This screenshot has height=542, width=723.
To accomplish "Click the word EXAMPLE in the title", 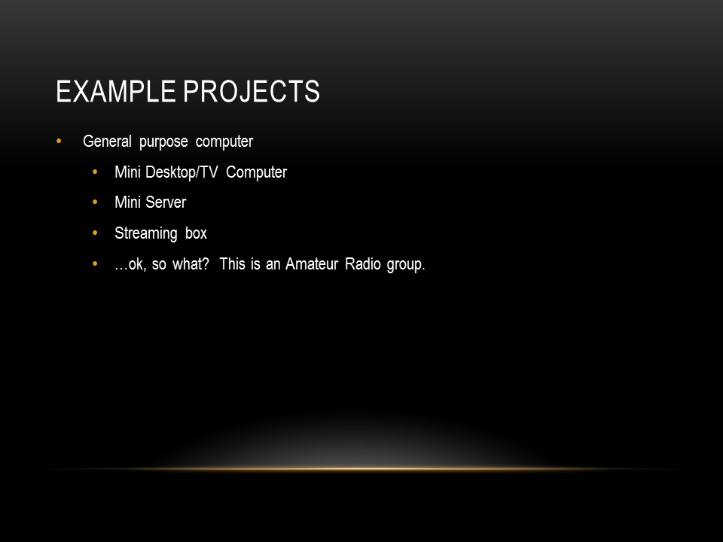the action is point(116,91).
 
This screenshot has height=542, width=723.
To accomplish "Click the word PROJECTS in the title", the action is point(252,91).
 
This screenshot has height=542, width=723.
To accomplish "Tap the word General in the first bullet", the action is point(107,141).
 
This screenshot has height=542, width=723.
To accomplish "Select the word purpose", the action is point(163,142).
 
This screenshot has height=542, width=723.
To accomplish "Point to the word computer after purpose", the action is point(224,142).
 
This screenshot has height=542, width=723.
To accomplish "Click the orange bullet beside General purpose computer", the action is point(59,141).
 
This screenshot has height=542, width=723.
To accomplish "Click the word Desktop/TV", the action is point(182,172).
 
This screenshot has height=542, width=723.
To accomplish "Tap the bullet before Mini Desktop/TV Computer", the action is point(95,172).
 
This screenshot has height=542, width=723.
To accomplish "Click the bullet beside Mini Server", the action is point(95,202).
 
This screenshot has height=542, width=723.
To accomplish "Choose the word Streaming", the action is point(145,233).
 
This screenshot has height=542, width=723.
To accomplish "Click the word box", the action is point(196,233).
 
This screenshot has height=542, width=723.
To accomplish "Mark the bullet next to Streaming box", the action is point(95,233).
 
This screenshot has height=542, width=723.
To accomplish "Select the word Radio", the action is point(363,264).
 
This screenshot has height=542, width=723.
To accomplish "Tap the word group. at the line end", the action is point(406,265).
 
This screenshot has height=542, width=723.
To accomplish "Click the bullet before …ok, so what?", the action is point(95,263).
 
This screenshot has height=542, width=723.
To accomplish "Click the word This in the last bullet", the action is point(233,264).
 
